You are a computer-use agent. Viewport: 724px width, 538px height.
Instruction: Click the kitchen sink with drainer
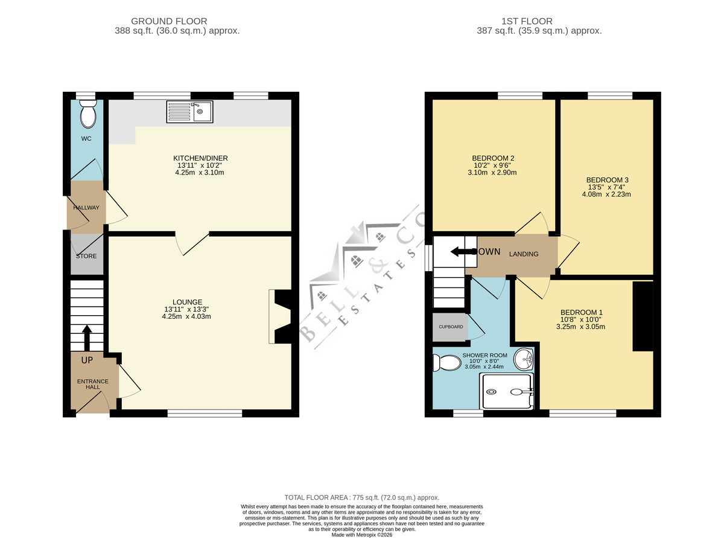pyautogui.click(x=189, y=112)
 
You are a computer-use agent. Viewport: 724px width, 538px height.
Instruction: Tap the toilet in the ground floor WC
pyautogui.click(x=88, y=114)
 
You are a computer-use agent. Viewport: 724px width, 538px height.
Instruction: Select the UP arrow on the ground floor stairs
pyautogui.click(x=87, y=338)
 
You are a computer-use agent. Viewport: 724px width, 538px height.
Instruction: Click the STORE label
pyautogui.click(x=86, y=256)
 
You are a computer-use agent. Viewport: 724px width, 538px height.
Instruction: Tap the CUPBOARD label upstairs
pyautogui.click(x=451, y=327)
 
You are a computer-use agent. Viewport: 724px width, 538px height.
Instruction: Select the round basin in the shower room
pyautogui.click(x=524, y=359)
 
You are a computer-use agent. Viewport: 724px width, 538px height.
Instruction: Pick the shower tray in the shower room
pyautogui.click(x=506, y=391)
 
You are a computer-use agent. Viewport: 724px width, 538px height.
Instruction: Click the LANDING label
pyautogui.click(x=524, y=254)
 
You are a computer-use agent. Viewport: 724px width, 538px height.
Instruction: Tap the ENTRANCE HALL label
pyautogui.click(x=93, y=384)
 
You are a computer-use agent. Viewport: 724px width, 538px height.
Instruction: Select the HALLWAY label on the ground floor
pyautogui.click(x=86, y=208)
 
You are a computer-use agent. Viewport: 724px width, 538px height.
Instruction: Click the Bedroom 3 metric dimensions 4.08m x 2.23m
pyautogui.click(x=606, y=194)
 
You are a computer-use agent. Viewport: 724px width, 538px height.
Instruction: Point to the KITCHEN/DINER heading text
pyautogui.click(x=200, y=158)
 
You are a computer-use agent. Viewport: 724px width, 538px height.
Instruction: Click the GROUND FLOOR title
pyautogui.click(x=169, y=21)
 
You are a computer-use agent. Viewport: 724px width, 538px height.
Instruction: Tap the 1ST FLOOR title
pyautogui.click(x=527, y=21)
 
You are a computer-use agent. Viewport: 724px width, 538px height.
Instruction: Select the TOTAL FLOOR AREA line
pyautogui.click(x=362, y=498)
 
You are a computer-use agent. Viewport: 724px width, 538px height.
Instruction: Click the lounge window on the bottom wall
pyautogui.click(x=205, y=413)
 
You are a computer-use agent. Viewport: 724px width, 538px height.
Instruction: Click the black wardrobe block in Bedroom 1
pyautogui.click(x=643, y=316)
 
